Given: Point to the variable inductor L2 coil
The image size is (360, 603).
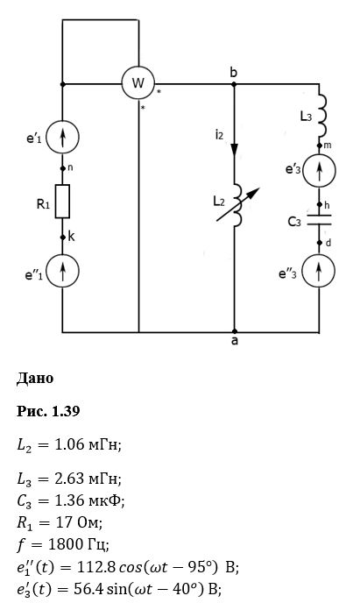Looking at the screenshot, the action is pyautogui.click(x=238, y=204).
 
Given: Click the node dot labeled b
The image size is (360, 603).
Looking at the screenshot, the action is pyautogui.click(x=234, y=83).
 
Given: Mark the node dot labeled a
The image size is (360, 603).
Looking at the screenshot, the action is pyautogui.click(x=235, y=331).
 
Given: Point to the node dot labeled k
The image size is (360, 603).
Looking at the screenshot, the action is pyautogui.click(x=62, y=238).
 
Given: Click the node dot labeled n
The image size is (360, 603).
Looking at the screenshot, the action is pyautogui.click(x=62, y=168).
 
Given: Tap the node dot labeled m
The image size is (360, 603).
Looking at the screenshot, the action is pyautogui.click(x=319, y=145).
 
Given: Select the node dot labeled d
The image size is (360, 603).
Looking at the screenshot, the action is pyautogui.click(x=319, y=243).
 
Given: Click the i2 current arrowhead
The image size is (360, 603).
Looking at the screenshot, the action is pyautogui.click(x=235, y=150).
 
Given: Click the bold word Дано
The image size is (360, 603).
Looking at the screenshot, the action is pyautogui.click(x=35, y=379).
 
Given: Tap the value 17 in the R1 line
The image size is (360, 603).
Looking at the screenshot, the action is pyautogui.click(x=63, y=522).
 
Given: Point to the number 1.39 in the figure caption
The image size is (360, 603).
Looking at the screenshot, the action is pyautogui.click(x=66, y=411).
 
